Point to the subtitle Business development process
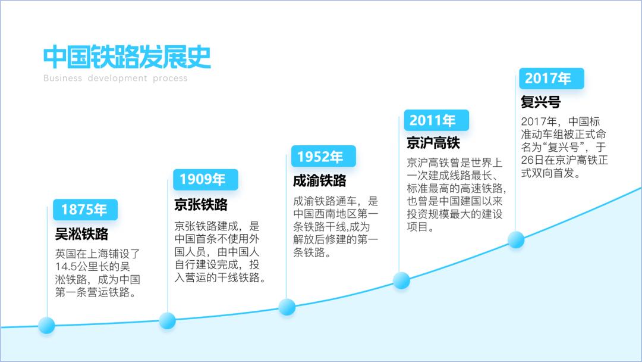pyautogui.click(x=115, y=78)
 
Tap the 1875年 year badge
pyautogui.click(x=84, y=210)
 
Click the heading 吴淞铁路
pyautogui.click(x=81, y=234)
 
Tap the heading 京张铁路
pyautogui.click(x=201, y=205)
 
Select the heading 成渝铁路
pyautogui.click(x=319, y=181)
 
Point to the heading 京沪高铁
pyautogui.click(x=433, y=143)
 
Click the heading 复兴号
pyautogui.click(x=540, y=102)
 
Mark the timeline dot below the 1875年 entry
pyautogui.click(x=46, y=325)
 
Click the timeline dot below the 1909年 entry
pyautogui.click(x=167, y=320)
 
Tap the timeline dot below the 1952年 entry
pyautogui.click(x=287, y=307)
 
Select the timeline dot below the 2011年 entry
pyautogui.click(x=401, y=280)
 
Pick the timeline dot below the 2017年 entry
pyautogui.click(x=516, y=239)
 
